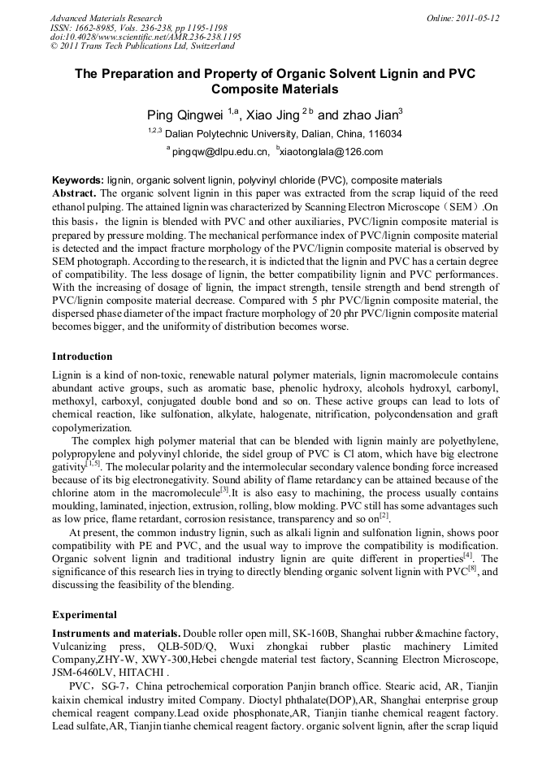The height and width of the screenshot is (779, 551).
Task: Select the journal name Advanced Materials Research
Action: pyautogui.click(x=106, y=18)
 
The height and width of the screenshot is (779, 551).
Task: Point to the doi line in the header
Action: pyautogui.click(x=145, y=37)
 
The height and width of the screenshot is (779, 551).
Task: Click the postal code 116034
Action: pyautogui.click(x=381, y=133)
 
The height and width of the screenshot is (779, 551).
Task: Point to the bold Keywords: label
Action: pyautogui.click(x=78, y=180)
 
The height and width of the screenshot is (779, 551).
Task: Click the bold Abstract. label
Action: pyautogui.click(x=75, y=193)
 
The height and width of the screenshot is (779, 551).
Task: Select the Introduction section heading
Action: pyautogui.click(x=82, y=357)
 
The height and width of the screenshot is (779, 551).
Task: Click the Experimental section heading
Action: pyautogui.click(x=85, y=615)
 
